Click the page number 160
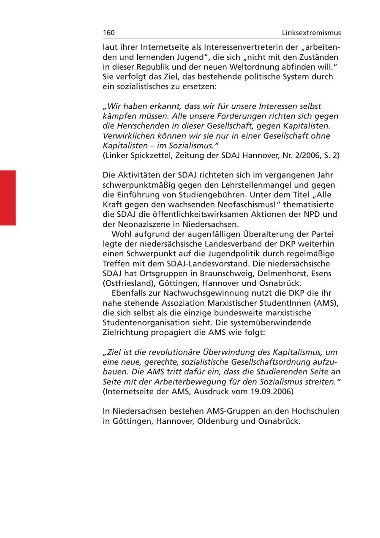pos(109,33)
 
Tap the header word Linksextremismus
pos(312,33)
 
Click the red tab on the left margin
pos(8,198)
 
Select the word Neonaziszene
pos(138,224)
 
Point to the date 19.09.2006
pos(270,391)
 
